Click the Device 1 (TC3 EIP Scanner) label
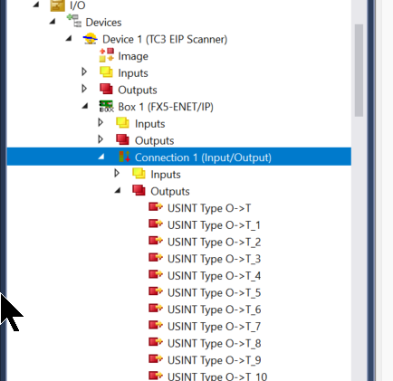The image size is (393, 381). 165,39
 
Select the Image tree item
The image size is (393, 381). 133,56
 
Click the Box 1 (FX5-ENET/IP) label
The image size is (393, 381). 166,107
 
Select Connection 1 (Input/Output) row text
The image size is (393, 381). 203,157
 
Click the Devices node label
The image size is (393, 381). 103,23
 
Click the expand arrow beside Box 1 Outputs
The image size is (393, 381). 101,139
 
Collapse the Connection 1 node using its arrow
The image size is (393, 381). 101,157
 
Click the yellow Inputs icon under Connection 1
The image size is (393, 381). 139,174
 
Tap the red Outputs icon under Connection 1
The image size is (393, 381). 139,190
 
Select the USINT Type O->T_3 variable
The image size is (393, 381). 214,259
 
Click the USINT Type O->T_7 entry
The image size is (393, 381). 214,327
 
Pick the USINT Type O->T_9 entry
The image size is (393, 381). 214,360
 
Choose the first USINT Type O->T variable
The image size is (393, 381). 209,208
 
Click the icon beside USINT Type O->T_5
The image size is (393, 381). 156,291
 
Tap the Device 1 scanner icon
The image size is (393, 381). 91,39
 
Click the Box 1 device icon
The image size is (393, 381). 106,106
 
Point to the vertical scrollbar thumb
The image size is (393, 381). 359,71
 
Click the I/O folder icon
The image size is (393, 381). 57,5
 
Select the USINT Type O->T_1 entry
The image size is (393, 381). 214,225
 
